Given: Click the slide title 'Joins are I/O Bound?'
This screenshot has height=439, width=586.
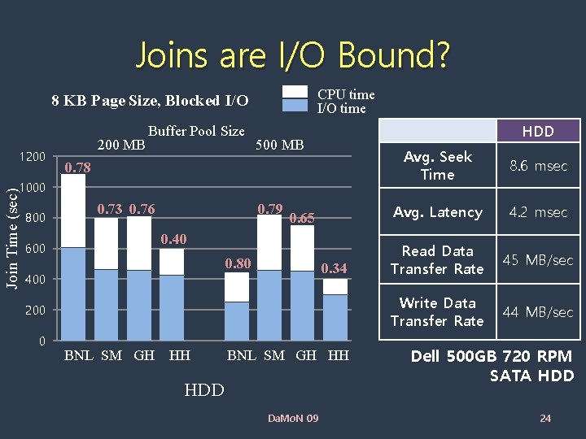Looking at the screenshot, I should coord(292,55).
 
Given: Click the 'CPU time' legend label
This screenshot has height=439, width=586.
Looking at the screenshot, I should coord(346,95).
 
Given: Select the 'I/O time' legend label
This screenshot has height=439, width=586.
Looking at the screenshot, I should coord(341,108).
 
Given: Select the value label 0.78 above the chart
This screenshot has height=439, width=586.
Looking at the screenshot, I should coord(78,168).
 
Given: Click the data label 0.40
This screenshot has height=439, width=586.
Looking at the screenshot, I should coord(173,239).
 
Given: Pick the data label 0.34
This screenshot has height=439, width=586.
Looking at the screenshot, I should coord(334,268).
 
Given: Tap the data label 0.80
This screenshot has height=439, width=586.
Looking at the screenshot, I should coord(238,263).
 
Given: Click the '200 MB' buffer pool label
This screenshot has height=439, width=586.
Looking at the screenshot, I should coord(121,146).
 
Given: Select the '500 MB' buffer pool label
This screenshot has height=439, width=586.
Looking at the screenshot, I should coord(279,146).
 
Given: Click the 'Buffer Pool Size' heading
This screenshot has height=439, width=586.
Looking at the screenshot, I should coord(196,131).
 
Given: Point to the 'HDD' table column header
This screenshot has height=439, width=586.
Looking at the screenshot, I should coord(537,131).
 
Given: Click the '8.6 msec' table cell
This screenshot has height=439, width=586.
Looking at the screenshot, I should coord(538,166).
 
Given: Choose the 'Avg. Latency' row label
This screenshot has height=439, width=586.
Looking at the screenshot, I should coord(438,212).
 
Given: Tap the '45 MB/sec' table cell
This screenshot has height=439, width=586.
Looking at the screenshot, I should coord(538,260).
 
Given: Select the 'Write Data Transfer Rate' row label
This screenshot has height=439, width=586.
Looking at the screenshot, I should coord(437,312).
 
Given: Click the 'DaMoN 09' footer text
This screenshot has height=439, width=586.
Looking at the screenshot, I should coord(293,419).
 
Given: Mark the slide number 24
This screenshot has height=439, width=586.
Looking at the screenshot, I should coord(545,419).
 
